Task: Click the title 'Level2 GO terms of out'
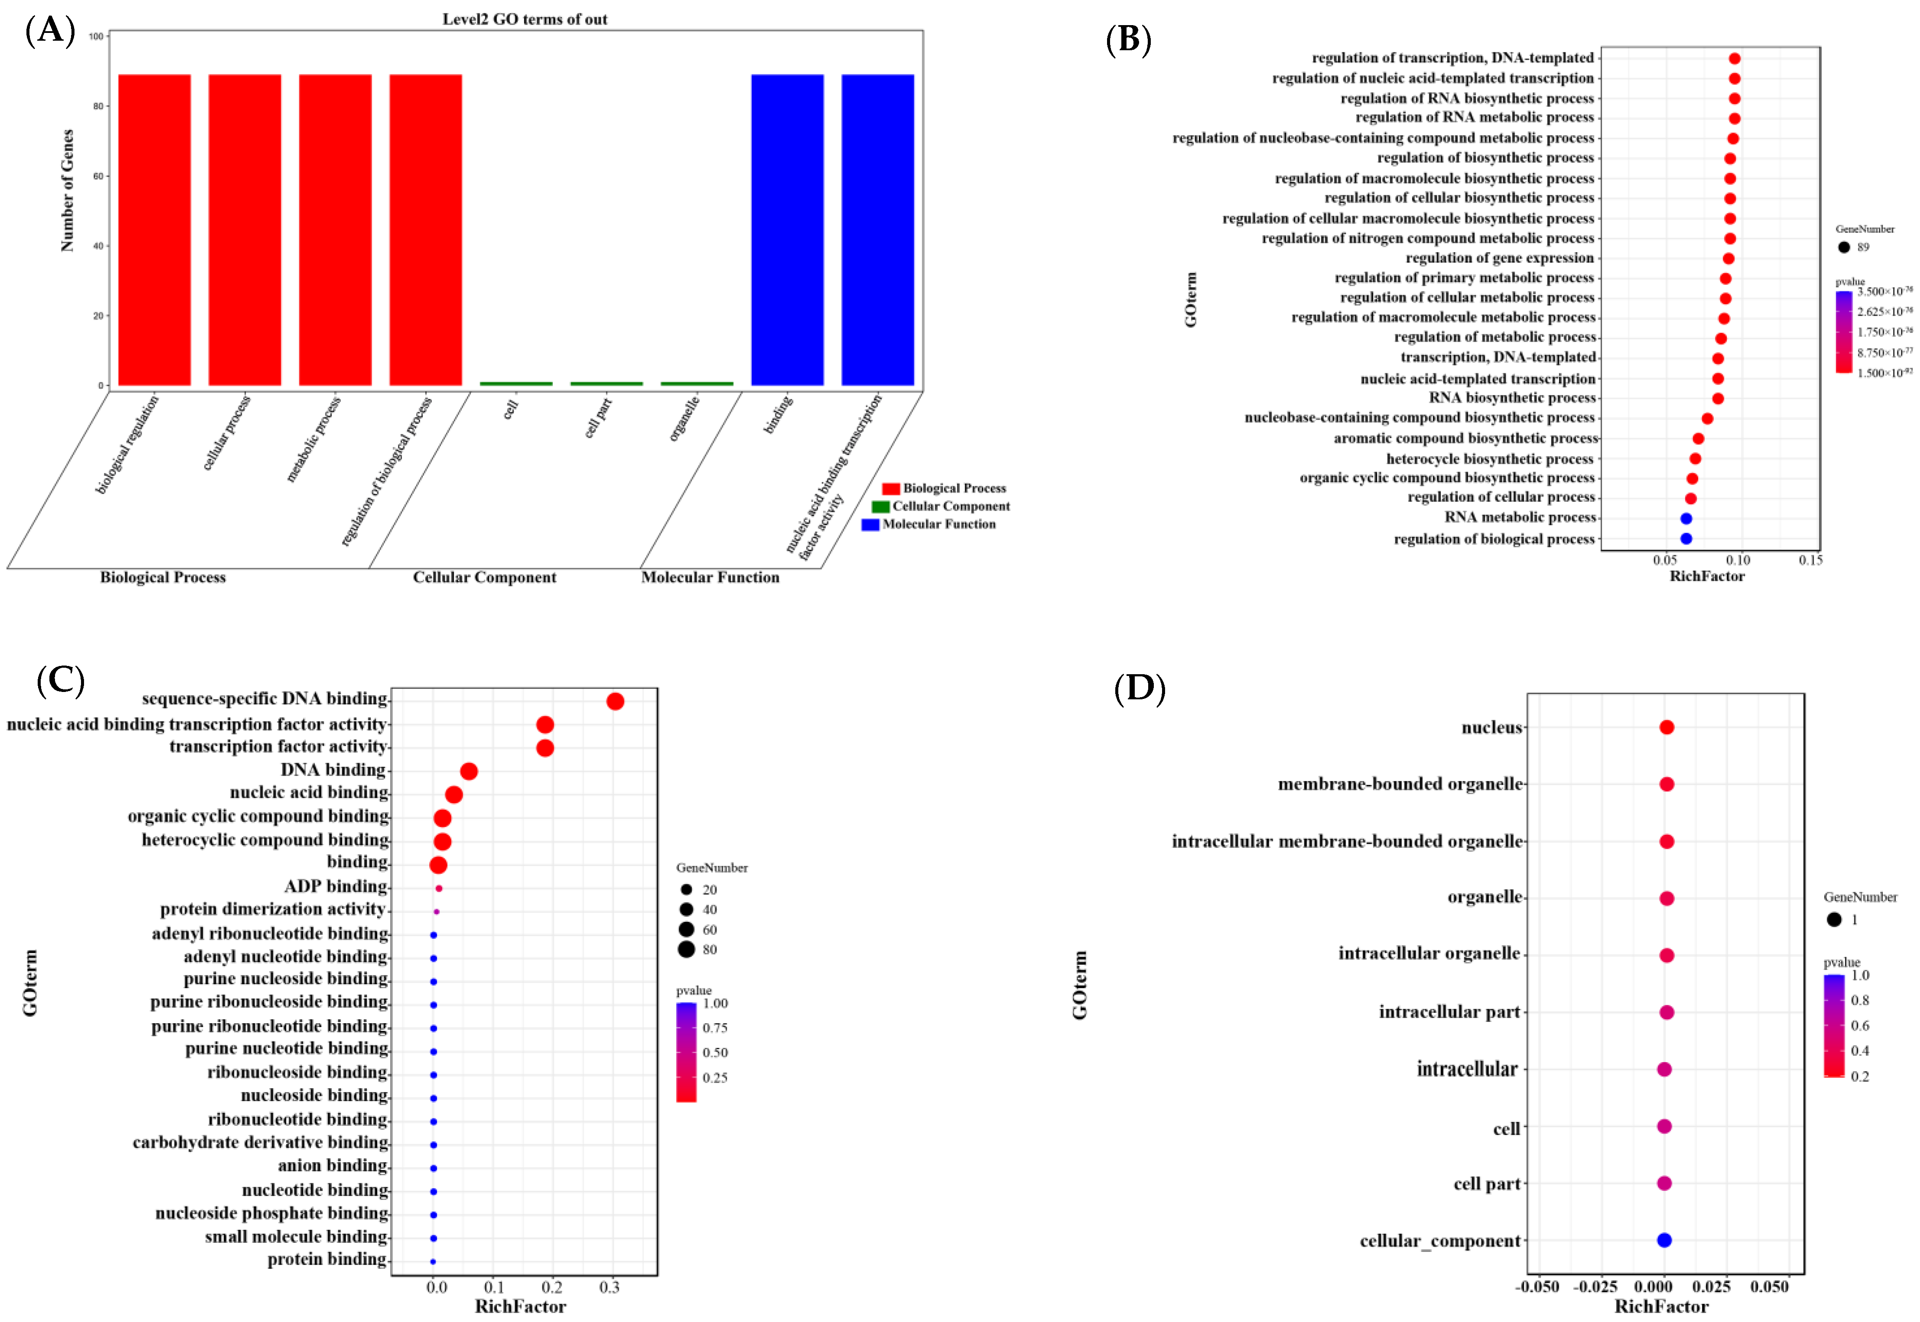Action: [525, 19]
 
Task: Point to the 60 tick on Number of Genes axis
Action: [98, 176]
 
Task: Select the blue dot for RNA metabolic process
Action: [1686, 518]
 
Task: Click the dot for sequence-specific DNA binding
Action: [615, 701]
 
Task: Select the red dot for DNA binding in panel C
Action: [469, 771]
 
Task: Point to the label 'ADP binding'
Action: [336, 886]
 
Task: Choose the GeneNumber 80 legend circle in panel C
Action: [686, 949]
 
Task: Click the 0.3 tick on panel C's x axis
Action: [610, 1287]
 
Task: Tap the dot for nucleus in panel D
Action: [1667, 727]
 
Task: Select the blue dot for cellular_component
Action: [1664, 1240]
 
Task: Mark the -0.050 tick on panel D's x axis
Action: [1537, 1287]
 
